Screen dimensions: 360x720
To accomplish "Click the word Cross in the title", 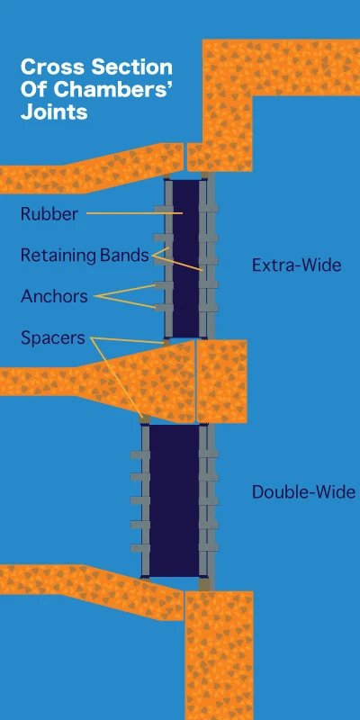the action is pyautogui.click(x=52, y=67).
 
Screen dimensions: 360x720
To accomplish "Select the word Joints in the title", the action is pyautogui.click(x=54, y=112).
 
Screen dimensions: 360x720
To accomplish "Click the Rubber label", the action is pyautogui.click(x=49, y=214).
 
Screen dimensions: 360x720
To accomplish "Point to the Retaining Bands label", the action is pyautogui.click(x=85, y=256).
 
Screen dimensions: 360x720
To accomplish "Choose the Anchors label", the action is pyautogui.click(x=54, y=296).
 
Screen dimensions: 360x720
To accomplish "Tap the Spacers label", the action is pyautogui.click(x=53, y=338).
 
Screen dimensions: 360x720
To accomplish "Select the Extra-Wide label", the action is pyautogui.click(x=297, y=265).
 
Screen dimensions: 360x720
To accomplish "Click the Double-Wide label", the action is pyautogui.click(x=303, y=492).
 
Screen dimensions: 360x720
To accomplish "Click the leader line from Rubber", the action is pyautogui.click(x=134, y=213).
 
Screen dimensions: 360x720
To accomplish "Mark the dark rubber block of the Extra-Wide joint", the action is pyautogui.click(x=186, y=258).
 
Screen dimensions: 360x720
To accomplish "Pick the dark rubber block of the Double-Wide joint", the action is pyautogui.click(x=175, y=500).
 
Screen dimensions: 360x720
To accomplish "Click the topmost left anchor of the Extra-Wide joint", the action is pyautogui.click(x=163, y=209).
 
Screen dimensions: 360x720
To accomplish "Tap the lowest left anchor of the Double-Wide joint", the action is pyautogui.click(x=140, y=548).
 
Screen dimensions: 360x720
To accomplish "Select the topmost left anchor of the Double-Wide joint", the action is pyautogui.click(x=140, y=454).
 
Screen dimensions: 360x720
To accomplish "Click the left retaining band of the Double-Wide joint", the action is pyautogui.click(x=145, y=500).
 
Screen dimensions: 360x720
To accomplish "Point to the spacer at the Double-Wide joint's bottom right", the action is pyautogui.click(x=204, y=584).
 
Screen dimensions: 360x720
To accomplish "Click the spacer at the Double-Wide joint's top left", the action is pyautogui.click(x=145, y=418).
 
